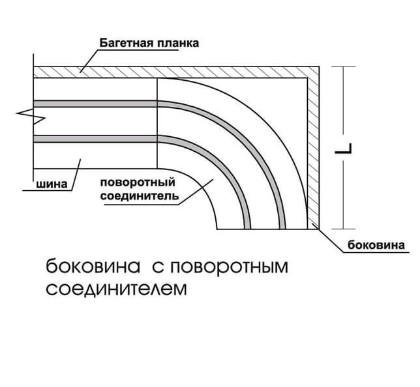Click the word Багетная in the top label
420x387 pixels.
click(x=126, y=43)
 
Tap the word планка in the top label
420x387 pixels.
click(x=178, y=43)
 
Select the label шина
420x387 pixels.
click(x=52, y=184)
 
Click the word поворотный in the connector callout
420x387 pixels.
click(x=138, y=183)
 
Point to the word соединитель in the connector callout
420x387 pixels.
click(x=139, y=196)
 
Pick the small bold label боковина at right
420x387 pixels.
click(x=376, y=245)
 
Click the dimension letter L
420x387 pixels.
click(x=344, y=149)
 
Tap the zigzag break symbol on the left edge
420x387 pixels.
click(x=30, y=116)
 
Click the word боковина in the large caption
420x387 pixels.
click(x=93, y=266)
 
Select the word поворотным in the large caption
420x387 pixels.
click(x=229, y=267)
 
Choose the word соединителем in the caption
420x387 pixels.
click(x=116, y=289)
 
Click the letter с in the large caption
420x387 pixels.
click(x=157, y=267)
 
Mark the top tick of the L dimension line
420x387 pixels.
click(x=344, y=66)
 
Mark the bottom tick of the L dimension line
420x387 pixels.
click(x=344, y=229)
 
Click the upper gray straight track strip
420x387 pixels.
click(x=95, y=104)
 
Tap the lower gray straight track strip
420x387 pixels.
click(x=95, y=139)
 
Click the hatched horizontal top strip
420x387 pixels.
click(x=176, y=72)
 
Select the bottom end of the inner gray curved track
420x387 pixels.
click(x=248, y=229)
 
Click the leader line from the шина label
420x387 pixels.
click(x=76, y=175)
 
